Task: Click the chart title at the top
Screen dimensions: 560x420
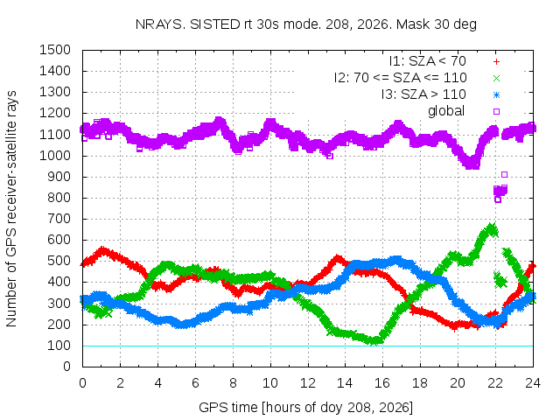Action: [x=306, y=24]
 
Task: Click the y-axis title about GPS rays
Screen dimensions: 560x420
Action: [x=11, y=208]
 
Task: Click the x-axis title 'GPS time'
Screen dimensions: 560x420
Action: [x=305, y=407]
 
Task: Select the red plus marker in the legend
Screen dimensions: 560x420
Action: [x=496, y=62]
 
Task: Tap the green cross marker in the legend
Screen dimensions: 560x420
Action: [x=496, y=78]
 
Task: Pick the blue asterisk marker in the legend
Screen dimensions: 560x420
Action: [x=496, y=95]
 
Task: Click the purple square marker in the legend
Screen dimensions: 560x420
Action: [x=496, y=111]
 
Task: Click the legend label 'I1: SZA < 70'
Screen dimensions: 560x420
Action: [x=428, y=61]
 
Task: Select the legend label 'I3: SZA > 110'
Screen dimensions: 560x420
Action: [x=423, y=94]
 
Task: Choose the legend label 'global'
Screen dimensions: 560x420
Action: [x=446, y=111]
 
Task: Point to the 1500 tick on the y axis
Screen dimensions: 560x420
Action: [x=55, y=50]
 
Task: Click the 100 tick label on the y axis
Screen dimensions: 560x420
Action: [x=59, y=346]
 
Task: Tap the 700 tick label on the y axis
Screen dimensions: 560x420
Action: [x=59, y=219]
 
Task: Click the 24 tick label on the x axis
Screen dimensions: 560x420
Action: [x=533, y=383]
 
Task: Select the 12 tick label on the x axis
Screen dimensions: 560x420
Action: [x=308, y=383]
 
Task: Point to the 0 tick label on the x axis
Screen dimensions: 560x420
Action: [x=82, y=383]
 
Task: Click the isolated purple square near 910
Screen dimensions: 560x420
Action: [x=504, y=175]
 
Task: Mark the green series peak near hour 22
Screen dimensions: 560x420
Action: [x=492, y=227]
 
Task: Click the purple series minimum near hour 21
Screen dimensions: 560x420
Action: [x=472, y=165]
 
